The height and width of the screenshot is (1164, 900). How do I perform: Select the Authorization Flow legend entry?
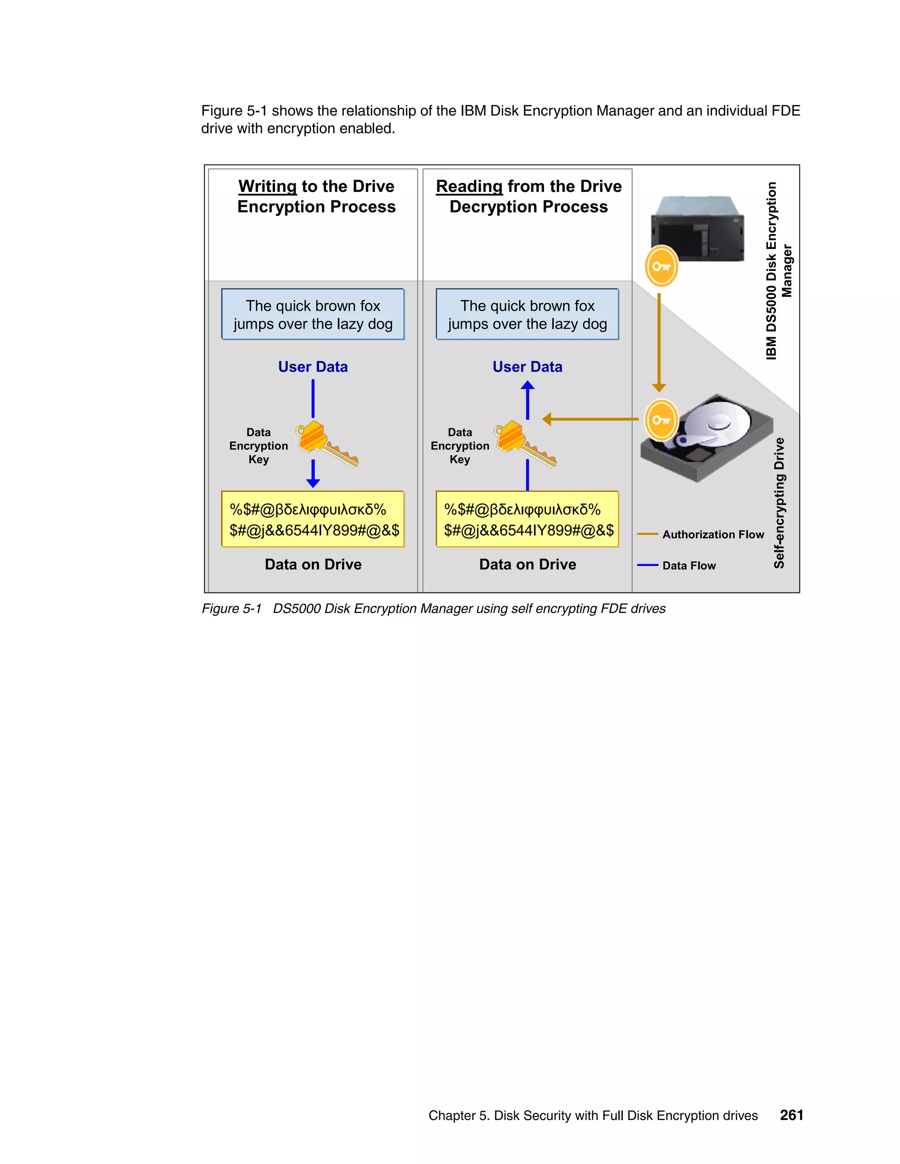[x=712, y=534]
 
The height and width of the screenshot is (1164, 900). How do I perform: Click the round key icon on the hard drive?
[x=661, y=420]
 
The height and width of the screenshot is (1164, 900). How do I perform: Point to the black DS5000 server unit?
[x=697, y=229]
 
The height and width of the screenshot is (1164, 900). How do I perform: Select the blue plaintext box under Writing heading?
[x=313, y=314]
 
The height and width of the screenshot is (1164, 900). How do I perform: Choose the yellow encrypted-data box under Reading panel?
[x=527, y=519]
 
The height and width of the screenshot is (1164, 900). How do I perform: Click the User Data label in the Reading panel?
[x=527, y=367]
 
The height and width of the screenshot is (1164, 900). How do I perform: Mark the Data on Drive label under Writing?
[x=313, y=564]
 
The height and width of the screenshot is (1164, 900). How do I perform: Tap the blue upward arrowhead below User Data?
[x=527, y=386]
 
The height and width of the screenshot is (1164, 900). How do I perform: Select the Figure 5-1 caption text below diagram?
[x=433, y=609]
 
